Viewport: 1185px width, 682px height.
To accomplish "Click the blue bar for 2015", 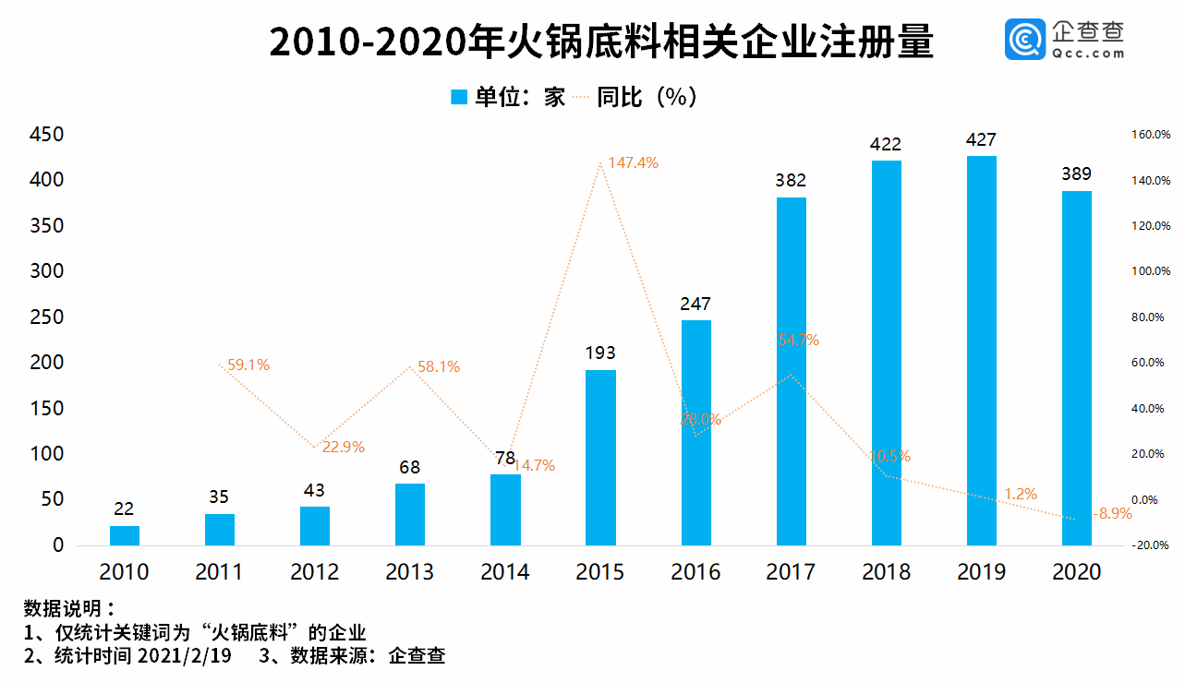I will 600,457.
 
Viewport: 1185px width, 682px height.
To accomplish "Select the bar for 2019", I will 981,351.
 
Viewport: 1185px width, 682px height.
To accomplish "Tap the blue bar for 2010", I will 125,535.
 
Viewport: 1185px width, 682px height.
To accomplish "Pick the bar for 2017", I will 791,371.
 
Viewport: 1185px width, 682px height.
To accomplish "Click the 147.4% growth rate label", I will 633,162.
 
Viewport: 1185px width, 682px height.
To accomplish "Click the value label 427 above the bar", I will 981,139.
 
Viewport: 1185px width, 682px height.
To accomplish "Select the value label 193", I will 600,353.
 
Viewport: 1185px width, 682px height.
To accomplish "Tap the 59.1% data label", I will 248,365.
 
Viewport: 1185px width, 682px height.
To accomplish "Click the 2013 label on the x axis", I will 409,572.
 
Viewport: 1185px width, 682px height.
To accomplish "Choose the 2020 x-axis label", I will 1076,572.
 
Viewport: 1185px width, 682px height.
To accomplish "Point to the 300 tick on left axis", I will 46,271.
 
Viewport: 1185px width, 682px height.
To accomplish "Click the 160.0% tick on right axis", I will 1151,135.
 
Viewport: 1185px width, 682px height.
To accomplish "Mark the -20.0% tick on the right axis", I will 1151,545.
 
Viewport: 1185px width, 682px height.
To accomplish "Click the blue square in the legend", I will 459,97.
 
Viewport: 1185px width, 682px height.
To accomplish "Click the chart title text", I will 601,43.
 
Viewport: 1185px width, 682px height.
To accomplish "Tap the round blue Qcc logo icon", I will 1025,41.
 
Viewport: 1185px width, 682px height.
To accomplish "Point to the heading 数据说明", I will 69,609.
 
